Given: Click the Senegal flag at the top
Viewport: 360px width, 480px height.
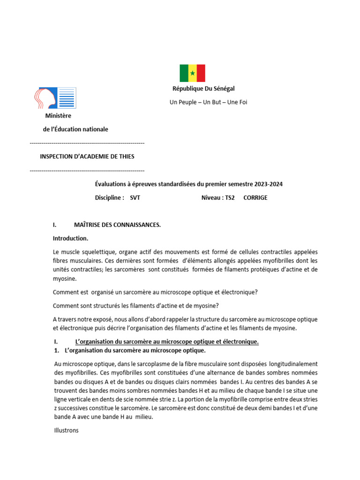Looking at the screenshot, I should (192, 73).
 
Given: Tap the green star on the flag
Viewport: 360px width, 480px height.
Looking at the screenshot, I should (192, 73).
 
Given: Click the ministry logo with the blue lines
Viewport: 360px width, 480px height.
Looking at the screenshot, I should (55, 98).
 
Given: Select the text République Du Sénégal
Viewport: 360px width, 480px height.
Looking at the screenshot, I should (203, 89).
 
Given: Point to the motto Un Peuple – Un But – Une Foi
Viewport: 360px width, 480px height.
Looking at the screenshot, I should (208, 102).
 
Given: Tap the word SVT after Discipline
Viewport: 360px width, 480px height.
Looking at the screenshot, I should (135, 198).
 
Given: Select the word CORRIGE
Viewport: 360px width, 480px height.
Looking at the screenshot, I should (255, 198).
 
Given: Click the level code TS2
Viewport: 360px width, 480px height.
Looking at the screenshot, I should (226, 198).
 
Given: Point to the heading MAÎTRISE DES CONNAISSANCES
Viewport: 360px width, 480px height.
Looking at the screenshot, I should (117, 225).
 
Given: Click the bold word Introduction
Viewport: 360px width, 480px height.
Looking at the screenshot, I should (70, 239).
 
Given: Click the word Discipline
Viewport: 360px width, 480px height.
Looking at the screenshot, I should (108, 198).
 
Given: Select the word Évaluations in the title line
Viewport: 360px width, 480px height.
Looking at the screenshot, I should (112, 184).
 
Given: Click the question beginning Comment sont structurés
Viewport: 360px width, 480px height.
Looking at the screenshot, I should (135, 306).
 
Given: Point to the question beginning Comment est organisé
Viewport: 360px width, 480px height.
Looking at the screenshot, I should (155, 292).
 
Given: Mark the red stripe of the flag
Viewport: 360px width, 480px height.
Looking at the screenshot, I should (201, 73).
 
